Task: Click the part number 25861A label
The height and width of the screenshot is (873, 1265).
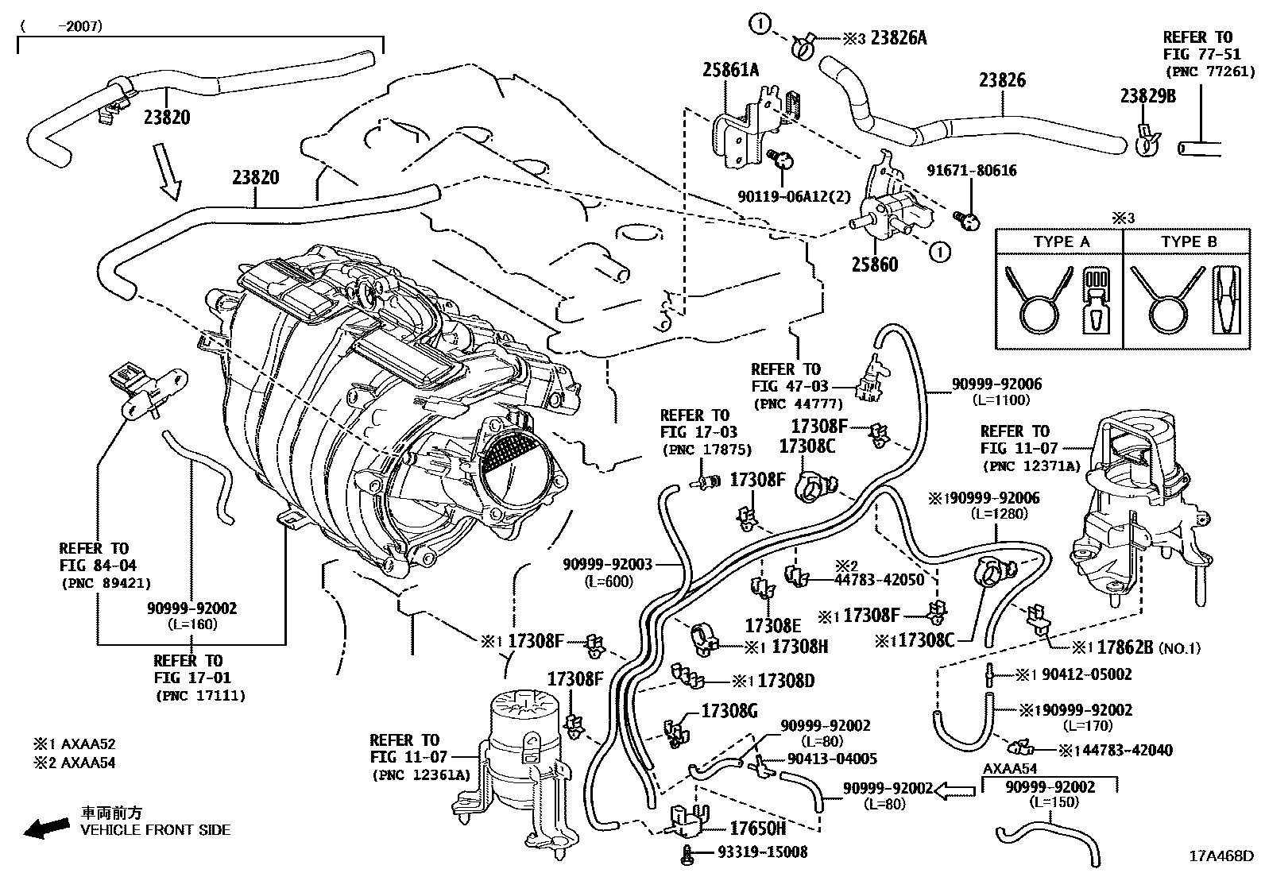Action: (729, 71)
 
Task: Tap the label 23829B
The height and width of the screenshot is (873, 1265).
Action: (1147, 96)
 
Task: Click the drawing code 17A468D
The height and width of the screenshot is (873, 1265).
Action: (1221, 856)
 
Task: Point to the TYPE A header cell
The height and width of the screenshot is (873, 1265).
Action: (1061, 241)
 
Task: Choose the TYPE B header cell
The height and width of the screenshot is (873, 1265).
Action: (1188, 241)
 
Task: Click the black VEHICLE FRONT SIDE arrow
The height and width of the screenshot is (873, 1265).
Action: (45, 829)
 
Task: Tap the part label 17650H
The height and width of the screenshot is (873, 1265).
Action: (757, 829)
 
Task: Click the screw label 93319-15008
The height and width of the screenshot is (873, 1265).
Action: (762, 852)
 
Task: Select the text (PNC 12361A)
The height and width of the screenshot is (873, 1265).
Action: (420, 774)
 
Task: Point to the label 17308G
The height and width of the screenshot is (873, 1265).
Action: (729, 710)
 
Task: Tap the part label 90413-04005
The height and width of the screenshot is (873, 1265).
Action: (831, 759)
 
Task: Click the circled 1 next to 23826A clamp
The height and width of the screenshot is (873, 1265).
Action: (760, 25)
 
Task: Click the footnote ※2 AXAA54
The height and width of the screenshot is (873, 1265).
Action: (73, 763)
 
